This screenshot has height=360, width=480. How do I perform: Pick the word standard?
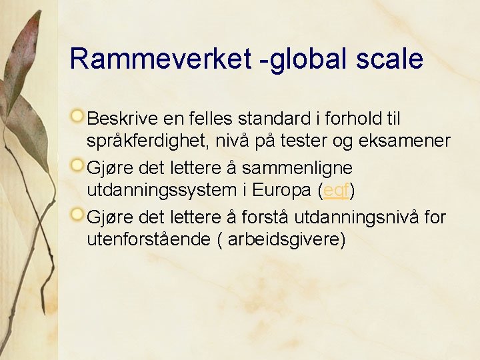[x=263, y=119]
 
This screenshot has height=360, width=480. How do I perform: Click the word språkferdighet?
[x=145, y=141]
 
